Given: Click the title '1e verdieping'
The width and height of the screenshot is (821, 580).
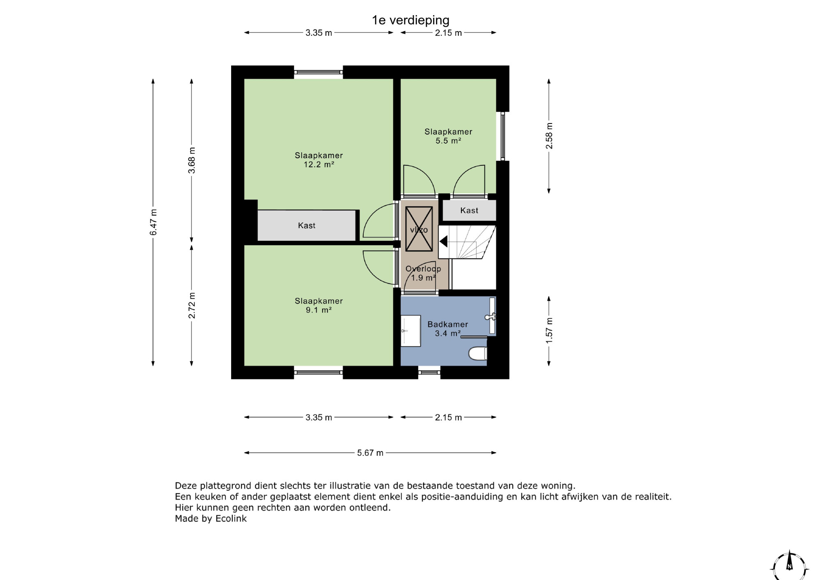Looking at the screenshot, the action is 410,20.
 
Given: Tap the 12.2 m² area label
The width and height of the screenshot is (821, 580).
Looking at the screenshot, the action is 319,164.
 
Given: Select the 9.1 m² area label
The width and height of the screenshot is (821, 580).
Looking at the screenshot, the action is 319,310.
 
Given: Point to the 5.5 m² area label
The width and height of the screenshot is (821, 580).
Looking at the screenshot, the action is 448,141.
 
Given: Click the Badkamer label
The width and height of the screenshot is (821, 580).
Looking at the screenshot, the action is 448,324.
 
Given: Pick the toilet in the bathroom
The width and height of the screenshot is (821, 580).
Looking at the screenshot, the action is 478,353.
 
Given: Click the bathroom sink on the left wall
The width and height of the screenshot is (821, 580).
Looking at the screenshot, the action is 410,331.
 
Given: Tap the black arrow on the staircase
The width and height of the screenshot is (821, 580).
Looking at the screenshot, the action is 443,241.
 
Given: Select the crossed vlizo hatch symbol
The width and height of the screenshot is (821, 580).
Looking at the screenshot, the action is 419,229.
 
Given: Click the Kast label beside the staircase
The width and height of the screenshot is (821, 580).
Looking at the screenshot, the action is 469,210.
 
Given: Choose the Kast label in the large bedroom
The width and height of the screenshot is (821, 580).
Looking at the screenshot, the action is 307,225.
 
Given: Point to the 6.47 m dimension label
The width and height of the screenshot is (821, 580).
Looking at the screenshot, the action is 153,222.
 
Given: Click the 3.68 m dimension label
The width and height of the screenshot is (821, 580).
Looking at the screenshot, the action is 192,160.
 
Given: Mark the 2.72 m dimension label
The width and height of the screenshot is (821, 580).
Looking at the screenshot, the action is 192,306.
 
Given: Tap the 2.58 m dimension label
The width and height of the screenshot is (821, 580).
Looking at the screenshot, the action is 549,136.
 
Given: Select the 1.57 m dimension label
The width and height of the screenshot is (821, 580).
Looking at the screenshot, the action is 549,330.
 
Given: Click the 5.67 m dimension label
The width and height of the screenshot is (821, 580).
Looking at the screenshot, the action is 370,453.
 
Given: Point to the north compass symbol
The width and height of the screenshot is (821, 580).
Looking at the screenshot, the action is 789,566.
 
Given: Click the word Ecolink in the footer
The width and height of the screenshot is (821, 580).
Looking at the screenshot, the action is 231,518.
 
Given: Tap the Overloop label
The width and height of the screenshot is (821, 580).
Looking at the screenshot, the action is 423,269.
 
